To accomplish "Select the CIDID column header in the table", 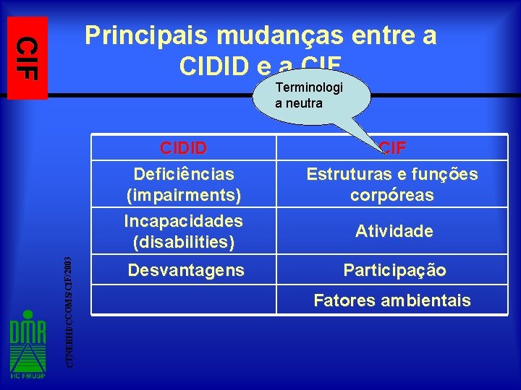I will coord(183,148).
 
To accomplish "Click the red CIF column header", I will coord(393,148).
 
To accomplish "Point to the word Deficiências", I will coord(184,174).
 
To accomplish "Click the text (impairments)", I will coord(184,195).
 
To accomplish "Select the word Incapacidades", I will coord(184,220).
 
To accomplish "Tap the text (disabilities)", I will coord(184,241).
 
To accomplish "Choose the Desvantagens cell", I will coord(186,271).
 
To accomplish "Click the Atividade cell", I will coord(394,231).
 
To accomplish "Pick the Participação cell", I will coord(394,271).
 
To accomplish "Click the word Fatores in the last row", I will coord(347,300).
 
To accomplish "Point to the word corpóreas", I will coord(392,195).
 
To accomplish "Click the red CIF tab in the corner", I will coord(27,57).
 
